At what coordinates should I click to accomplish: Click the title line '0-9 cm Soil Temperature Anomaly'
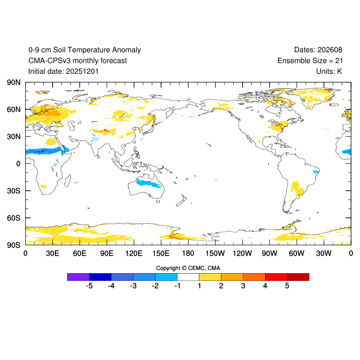coord(85,50)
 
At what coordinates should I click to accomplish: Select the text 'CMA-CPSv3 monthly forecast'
coord(77,61)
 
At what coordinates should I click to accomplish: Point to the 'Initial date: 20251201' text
coord(63,71)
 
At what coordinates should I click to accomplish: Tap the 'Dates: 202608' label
coord(318,50)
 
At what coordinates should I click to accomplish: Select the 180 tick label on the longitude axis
coord(188,254)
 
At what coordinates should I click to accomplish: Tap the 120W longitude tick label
coord(242,254)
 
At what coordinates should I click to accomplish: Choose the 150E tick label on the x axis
coord(161,254)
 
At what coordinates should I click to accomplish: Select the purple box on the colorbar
coord(78,277)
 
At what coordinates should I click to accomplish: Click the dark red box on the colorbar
coord(298,277)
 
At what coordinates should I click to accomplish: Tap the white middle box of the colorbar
coord(188,277)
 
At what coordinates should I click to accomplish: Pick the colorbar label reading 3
coord(243,286)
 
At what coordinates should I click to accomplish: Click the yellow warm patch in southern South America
coord(297,188)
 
